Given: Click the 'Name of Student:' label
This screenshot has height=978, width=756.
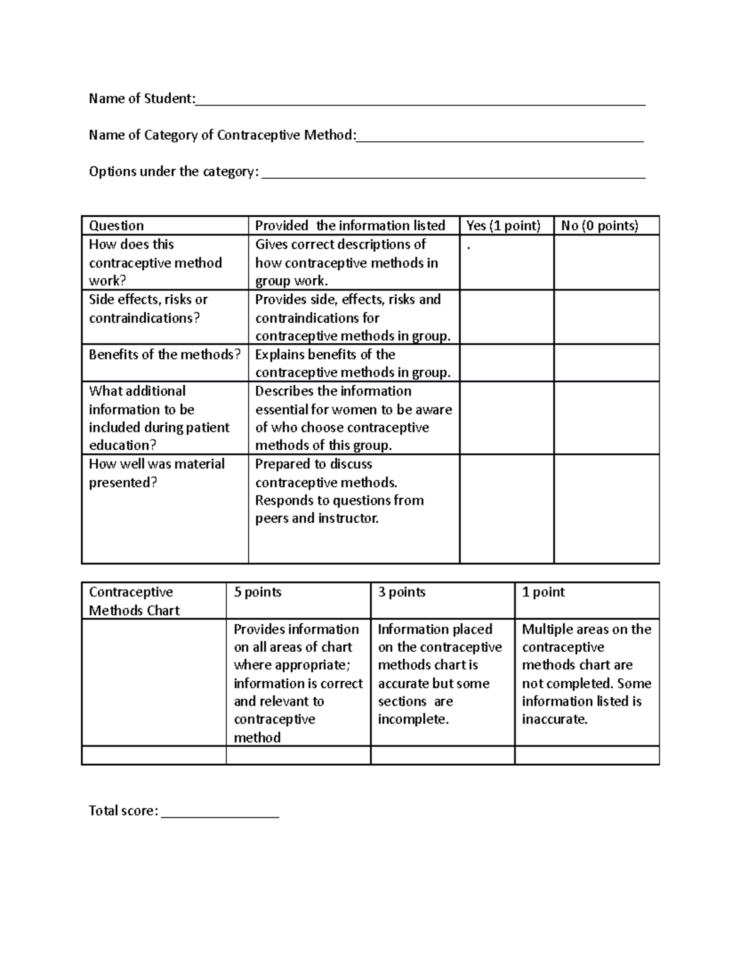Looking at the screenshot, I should click(142, 99).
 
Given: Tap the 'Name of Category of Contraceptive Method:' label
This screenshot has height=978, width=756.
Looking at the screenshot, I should click(222, 135).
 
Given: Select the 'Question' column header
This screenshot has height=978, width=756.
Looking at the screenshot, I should click(117, 226).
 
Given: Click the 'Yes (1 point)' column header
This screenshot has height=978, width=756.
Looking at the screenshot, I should click(503, 226).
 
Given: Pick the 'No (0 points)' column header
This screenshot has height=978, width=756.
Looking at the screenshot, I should click(599, 226).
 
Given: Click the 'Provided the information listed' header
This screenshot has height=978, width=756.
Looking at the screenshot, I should click(350, 226).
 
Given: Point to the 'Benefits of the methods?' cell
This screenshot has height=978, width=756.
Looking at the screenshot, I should click(164, 355).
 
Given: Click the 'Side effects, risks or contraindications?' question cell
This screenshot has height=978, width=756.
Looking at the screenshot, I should click(149, 309).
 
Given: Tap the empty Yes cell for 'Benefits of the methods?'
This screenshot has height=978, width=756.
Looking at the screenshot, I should click(507, 363).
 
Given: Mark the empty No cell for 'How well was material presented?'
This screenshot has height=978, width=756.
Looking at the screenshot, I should click(606, 509).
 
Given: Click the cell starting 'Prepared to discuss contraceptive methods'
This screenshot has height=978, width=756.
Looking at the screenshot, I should click(339, 492).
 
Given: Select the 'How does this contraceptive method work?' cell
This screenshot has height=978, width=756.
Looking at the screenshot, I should click(155, 263).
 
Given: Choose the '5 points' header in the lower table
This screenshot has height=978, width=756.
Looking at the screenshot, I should click(258, 593).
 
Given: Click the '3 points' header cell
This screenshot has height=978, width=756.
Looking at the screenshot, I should click(402, 593).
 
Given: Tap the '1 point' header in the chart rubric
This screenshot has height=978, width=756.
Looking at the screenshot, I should click(543, 593).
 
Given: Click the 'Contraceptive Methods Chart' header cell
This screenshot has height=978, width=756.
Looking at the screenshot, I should click(134, 601).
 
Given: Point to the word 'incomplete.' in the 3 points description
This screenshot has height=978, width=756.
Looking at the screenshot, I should click(413, 720).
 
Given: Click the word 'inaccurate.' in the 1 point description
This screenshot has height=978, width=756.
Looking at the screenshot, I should click(554, 720).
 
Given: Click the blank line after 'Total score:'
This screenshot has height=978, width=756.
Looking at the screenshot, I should click(220, 814).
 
